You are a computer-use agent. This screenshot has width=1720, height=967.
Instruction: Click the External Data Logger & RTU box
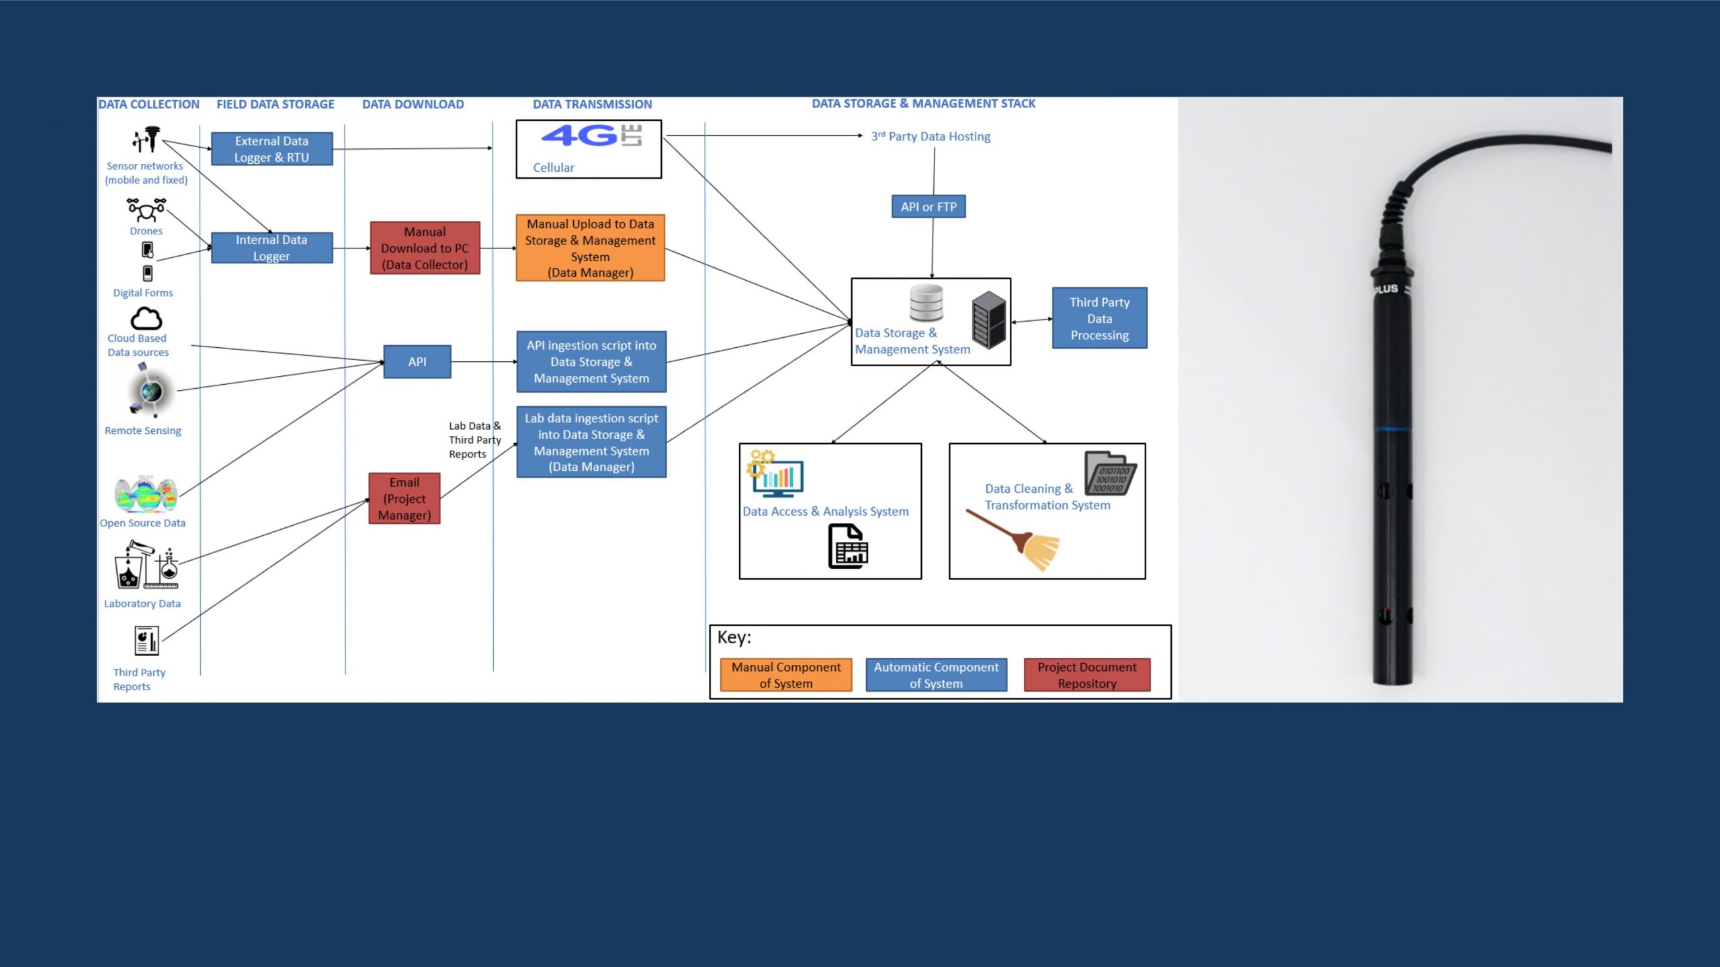271,149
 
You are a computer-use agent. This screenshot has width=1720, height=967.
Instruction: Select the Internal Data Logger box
271,248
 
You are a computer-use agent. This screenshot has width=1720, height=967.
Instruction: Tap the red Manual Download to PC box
425,248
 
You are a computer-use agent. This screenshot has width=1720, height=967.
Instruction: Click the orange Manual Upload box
590,248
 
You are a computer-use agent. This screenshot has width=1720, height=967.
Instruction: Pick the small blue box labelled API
417,362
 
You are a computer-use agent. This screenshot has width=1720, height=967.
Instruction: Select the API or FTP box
929,207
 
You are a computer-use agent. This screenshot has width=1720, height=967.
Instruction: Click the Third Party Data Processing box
1099,318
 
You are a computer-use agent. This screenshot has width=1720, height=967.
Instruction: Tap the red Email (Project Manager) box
404,498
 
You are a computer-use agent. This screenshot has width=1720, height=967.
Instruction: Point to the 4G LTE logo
591,136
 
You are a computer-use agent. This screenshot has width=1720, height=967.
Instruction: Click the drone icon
146,210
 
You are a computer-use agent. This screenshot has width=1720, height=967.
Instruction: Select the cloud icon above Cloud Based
146,318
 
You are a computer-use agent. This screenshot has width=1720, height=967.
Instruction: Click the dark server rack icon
988,320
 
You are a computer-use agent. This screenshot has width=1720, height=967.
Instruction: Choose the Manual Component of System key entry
785,675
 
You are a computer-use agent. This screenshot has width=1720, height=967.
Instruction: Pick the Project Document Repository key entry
1086,675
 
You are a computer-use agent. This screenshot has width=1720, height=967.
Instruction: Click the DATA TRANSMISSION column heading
592,104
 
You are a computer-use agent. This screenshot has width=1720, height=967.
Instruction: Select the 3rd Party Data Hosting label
931,136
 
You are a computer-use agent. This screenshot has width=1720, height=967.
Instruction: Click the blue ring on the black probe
1391,429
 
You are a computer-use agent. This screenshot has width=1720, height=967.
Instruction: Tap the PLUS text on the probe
1385,289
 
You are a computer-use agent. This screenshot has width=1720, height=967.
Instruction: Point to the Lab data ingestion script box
591,442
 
